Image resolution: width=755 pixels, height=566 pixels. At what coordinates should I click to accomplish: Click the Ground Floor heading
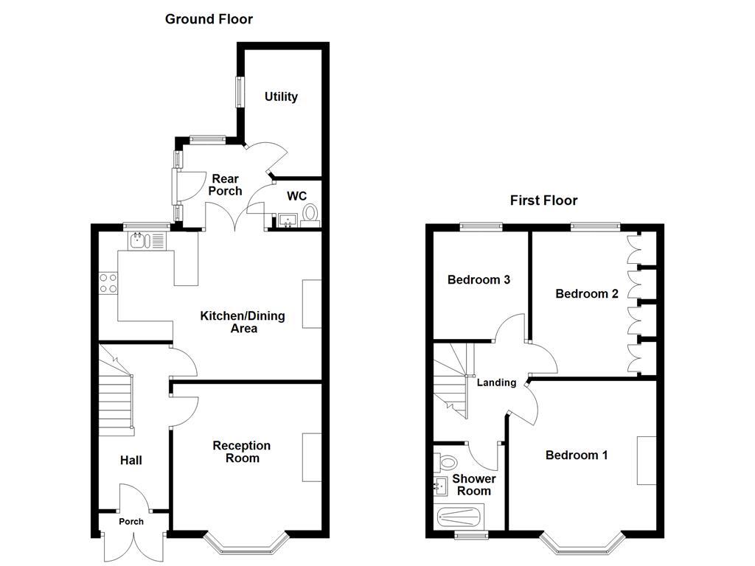pos(209,19)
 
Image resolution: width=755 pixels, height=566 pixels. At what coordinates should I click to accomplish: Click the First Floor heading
pos(543,200)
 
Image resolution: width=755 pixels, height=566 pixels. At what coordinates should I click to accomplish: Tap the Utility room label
pos(281,97)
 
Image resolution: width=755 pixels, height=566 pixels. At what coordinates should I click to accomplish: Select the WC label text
pos(296,196)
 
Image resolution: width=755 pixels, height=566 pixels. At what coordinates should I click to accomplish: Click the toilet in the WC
pos(311,214)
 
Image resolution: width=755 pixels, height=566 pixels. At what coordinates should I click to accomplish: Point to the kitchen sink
pos(140,240)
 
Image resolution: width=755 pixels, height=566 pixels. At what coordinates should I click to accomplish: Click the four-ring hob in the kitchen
pos(108,283)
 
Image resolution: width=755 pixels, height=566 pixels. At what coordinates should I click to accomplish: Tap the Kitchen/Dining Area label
pos(243,322)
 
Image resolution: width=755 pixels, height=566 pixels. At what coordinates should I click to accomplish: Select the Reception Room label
pos(242,452)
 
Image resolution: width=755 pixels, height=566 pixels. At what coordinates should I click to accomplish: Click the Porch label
pos(132,522)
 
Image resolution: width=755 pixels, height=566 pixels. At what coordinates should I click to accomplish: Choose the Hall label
pos(131,461)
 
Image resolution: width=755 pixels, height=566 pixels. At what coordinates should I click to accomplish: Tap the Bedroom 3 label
pos(479,280)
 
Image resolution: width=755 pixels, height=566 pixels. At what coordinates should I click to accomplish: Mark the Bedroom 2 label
pos(587,294)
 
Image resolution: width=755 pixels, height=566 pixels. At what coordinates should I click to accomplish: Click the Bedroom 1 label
pos(577,455)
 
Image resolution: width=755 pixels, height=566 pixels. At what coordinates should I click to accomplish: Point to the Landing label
pos(496,382)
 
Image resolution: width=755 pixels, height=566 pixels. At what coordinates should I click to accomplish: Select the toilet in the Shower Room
pos(445,462)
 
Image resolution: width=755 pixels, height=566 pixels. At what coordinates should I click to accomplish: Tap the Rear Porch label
pos(225,185)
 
